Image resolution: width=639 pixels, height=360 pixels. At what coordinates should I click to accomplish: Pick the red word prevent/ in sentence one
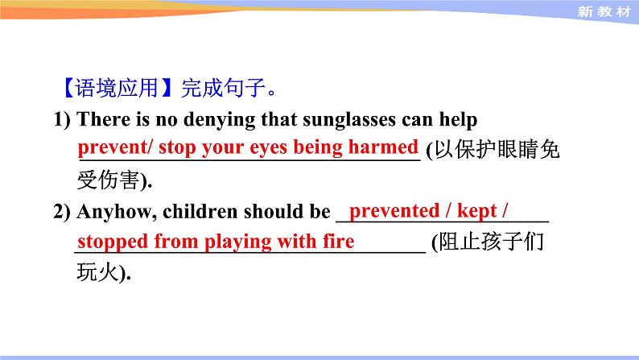pos(116,147)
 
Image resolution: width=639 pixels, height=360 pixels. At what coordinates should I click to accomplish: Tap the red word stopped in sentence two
pos(112,242)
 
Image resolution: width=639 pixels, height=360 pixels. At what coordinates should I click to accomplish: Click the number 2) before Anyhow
pos(63,212)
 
